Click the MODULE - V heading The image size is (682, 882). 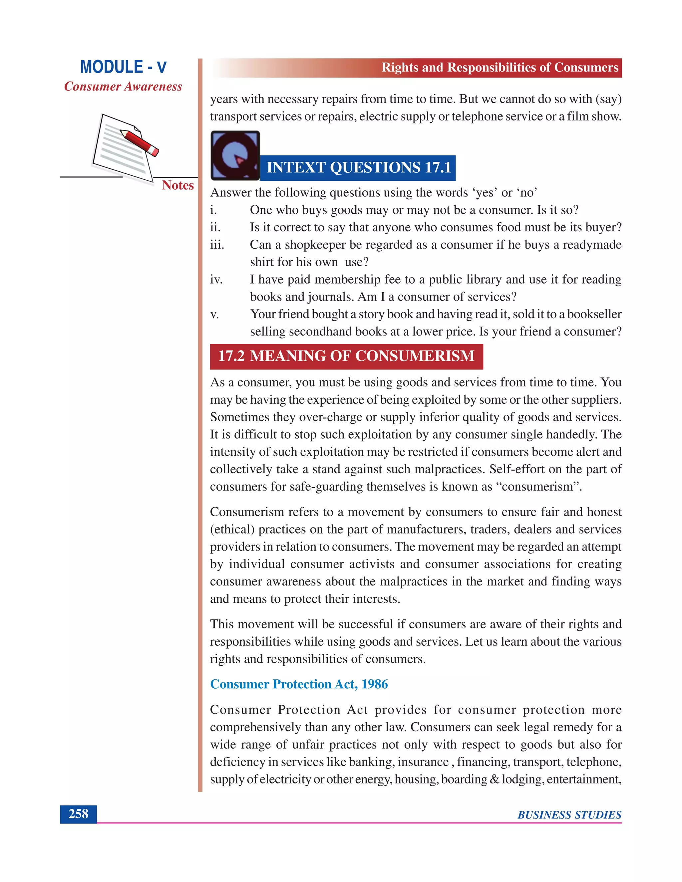tap(123, 67)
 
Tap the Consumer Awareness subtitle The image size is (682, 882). tap(123, 87)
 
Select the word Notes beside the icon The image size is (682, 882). tap(178, 185)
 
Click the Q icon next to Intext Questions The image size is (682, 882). tap(235, 155)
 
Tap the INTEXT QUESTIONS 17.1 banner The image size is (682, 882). tap(358, 168)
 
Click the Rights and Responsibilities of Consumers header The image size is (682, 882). tap(500, 68)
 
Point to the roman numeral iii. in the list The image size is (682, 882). tap(217, 245)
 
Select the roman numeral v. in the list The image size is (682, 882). tap(214, 314)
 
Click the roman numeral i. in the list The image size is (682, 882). tap(213, 210)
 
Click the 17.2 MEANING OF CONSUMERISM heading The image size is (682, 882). tap(346, 356)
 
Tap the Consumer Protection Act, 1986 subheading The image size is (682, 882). tap(299, 684)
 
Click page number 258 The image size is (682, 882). tap(78, 813)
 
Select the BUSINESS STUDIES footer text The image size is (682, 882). tap(569, 815)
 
